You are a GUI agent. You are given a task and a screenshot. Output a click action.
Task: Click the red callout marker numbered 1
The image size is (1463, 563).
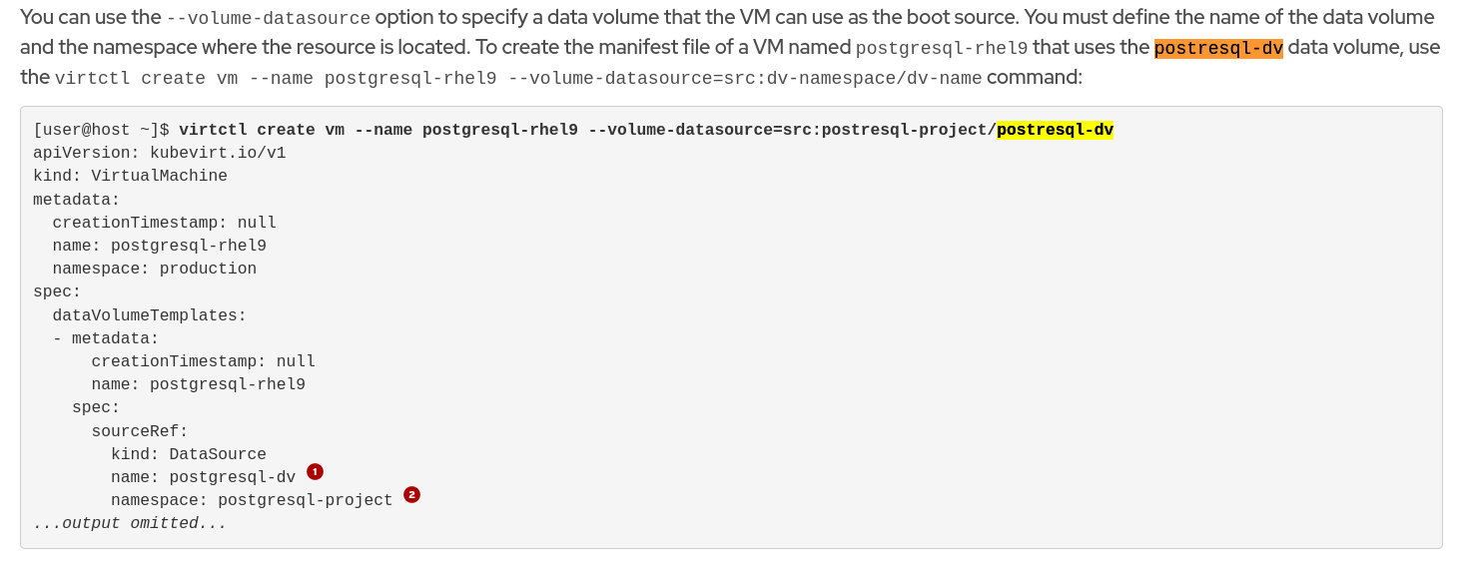tap(315, 471)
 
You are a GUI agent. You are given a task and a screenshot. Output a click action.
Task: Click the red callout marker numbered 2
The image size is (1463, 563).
tap(411, 494)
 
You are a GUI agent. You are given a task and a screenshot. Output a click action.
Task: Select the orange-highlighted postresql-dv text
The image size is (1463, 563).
tap(1218, 48)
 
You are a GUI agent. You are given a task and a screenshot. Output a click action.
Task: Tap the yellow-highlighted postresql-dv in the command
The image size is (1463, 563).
tap(1055, 130)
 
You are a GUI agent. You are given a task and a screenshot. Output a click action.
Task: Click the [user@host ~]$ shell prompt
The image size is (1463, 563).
tap(101, 130)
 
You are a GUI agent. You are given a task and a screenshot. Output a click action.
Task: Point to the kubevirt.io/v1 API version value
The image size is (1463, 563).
tap(218, 153)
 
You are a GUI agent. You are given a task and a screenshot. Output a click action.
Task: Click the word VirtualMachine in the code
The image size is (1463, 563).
tap(159, 176)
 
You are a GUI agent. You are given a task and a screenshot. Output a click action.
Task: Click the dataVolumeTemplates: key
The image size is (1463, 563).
tap(149, 315)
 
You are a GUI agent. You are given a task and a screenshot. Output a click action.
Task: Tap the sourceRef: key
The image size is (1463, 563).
tap(140, 431)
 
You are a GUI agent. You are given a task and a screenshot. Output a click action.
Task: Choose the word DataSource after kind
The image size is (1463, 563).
tap(218, 454)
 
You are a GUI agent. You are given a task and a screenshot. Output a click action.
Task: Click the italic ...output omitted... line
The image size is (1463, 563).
tap(130, 523)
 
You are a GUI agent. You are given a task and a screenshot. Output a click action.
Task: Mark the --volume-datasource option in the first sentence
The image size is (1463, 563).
tap(268, 18)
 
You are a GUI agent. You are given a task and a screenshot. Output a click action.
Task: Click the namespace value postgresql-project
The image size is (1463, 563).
tap(306, 500)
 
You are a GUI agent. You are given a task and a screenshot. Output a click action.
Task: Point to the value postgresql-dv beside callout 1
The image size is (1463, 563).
tap(232, 477)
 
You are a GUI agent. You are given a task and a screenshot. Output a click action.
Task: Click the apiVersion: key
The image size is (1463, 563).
tap(86, 153)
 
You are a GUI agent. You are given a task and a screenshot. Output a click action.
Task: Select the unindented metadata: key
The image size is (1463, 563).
tap(76, 200)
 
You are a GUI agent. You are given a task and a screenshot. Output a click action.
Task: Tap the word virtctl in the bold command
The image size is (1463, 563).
tap(213, 130)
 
